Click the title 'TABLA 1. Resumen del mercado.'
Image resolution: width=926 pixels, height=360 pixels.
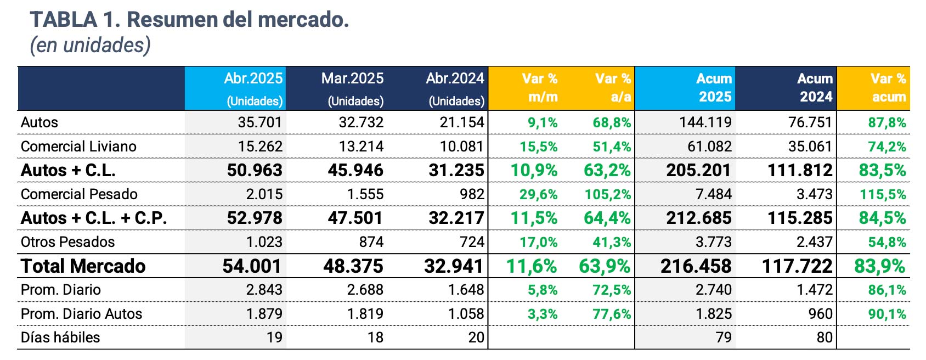click(x=189, y=20)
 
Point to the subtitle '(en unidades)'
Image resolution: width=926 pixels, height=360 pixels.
click(x=90, y=45)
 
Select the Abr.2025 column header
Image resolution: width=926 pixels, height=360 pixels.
click(x=253, y=88)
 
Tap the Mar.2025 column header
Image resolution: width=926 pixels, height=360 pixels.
click(x=352, y=88)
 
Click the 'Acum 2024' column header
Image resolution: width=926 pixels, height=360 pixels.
click(x=815, y=88)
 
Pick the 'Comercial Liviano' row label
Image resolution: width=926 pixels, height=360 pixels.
click(x=78, y=147)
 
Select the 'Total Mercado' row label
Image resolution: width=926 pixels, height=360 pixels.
click(x=83, y=266)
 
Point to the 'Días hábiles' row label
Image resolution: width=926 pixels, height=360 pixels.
click(x=60, y=337)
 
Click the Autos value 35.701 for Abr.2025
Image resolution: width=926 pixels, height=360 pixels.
click(x=260, y=122)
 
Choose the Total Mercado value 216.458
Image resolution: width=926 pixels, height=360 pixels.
click(x=696, y=266)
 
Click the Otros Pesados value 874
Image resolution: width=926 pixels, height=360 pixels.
click(x=371, y=242)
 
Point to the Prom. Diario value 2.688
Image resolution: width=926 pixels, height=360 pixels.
click(x=365, y=290)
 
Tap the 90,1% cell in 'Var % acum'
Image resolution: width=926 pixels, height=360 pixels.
click(x=887, y=314)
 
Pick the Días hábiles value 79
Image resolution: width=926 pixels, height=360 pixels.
click(x=724, y=337)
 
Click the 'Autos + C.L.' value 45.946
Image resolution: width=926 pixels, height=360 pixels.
click(x=355, y=170)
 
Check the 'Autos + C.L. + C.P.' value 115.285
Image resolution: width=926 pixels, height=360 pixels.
click(x=800, y=218)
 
